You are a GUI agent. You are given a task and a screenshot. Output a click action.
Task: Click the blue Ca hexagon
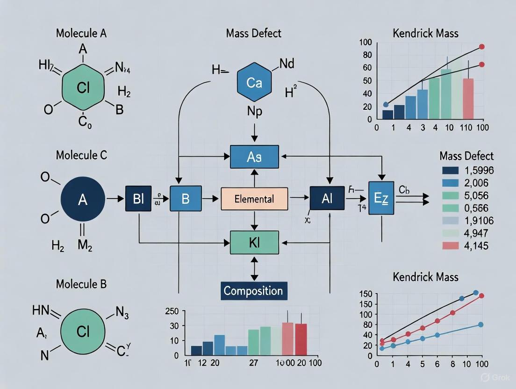[254, 83]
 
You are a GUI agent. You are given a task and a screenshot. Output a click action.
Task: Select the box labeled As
[254, 157]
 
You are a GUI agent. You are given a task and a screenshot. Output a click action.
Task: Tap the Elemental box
[254, 199]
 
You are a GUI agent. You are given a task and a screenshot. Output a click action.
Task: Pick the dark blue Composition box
[253, 291]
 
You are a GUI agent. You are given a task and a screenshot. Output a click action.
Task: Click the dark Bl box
[139, 199]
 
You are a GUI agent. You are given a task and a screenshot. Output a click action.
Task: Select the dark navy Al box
[327, 199]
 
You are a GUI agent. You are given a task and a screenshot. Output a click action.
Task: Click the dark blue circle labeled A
[83, 200]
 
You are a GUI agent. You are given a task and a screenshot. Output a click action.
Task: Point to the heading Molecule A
[81, 34]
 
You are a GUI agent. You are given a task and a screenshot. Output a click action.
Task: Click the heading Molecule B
[81, 284]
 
